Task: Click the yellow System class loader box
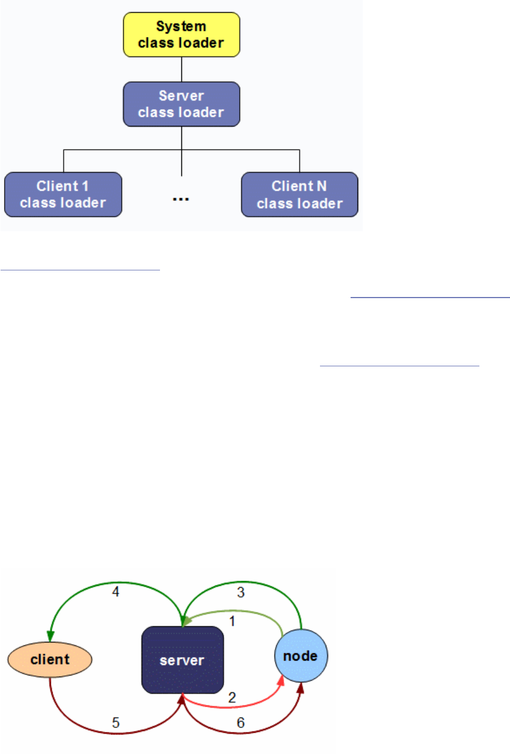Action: [x=181, y=35]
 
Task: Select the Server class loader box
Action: [x=181, y=103]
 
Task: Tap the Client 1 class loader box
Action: [x=63, y=194]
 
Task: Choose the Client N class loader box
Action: [x=299, y=194]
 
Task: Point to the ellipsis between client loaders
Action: [x=181, y=199]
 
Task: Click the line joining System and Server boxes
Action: [x=181, y=69]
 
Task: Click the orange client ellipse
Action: [x=50, y=659]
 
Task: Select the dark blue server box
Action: [x=183, y=659]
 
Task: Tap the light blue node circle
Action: [x=301, y=656]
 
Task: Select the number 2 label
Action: [x=232, y=697]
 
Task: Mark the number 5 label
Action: [x=115, y=723]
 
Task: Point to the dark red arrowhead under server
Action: [x=183, y=700]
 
